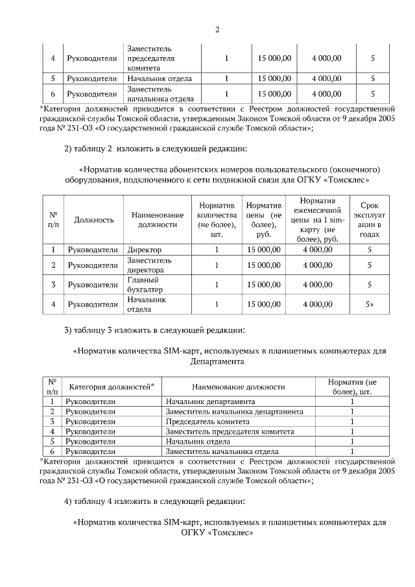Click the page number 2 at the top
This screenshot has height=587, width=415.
click(x=217, y=29)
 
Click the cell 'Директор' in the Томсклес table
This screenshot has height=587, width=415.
click(x=144, y=249)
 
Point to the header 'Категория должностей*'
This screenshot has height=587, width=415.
click(x=112, y=387)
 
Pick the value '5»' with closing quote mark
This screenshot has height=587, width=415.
click(x=370, y=304)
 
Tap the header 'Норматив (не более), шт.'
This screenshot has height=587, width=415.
click(x=352, y=387)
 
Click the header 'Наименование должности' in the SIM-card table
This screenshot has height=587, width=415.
click(x=239, y=387)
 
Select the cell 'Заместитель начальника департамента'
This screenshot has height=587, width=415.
click(x=235, y=412)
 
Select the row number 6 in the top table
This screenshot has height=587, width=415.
click(x=53, y=94)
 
